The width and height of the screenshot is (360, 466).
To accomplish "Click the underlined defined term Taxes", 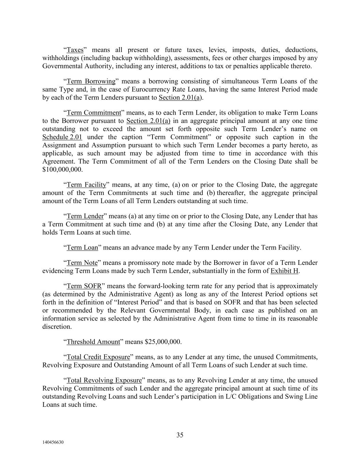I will pyautogui.click(x=75, y=50).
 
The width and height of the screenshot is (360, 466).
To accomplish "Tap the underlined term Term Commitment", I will pyautogui.click(x=94, y=113).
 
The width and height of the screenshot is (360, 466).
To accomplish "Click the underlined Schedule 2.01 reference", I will pyautogui.click(x=62, y=137).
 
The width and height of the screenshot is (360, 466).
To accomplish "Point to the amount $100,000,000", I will pyautogui.click(x=62, y=169).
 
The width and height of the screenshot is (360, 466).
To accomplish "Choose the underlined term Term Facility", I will pyautogui.click(x=86, y=185).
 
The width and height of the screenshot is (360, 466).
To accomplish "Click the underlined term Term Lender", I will pyautogui.click(x=85, y=216).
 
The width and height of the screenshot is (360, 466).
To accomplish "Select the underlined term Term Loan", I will pyautogui.click(x=82, y=248).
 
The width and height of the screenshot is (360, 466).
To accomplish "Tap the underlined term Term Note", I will pyautogui.click(x=82, y=263).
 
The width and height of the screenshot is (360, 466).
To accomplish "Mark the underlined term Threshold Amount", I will pyautogui.click(x=93, y=342).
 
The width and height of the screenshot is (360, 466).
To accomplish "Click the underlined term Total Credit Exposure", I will pyautogui.click(x=98, y=357).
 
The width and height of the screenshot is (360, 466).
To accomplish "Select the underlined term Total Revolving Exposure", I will pyautogui.click(x=104, y=381).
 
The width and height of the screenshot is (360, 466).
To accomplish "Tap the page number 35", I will pyautogui.click(x=180, y=435).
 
